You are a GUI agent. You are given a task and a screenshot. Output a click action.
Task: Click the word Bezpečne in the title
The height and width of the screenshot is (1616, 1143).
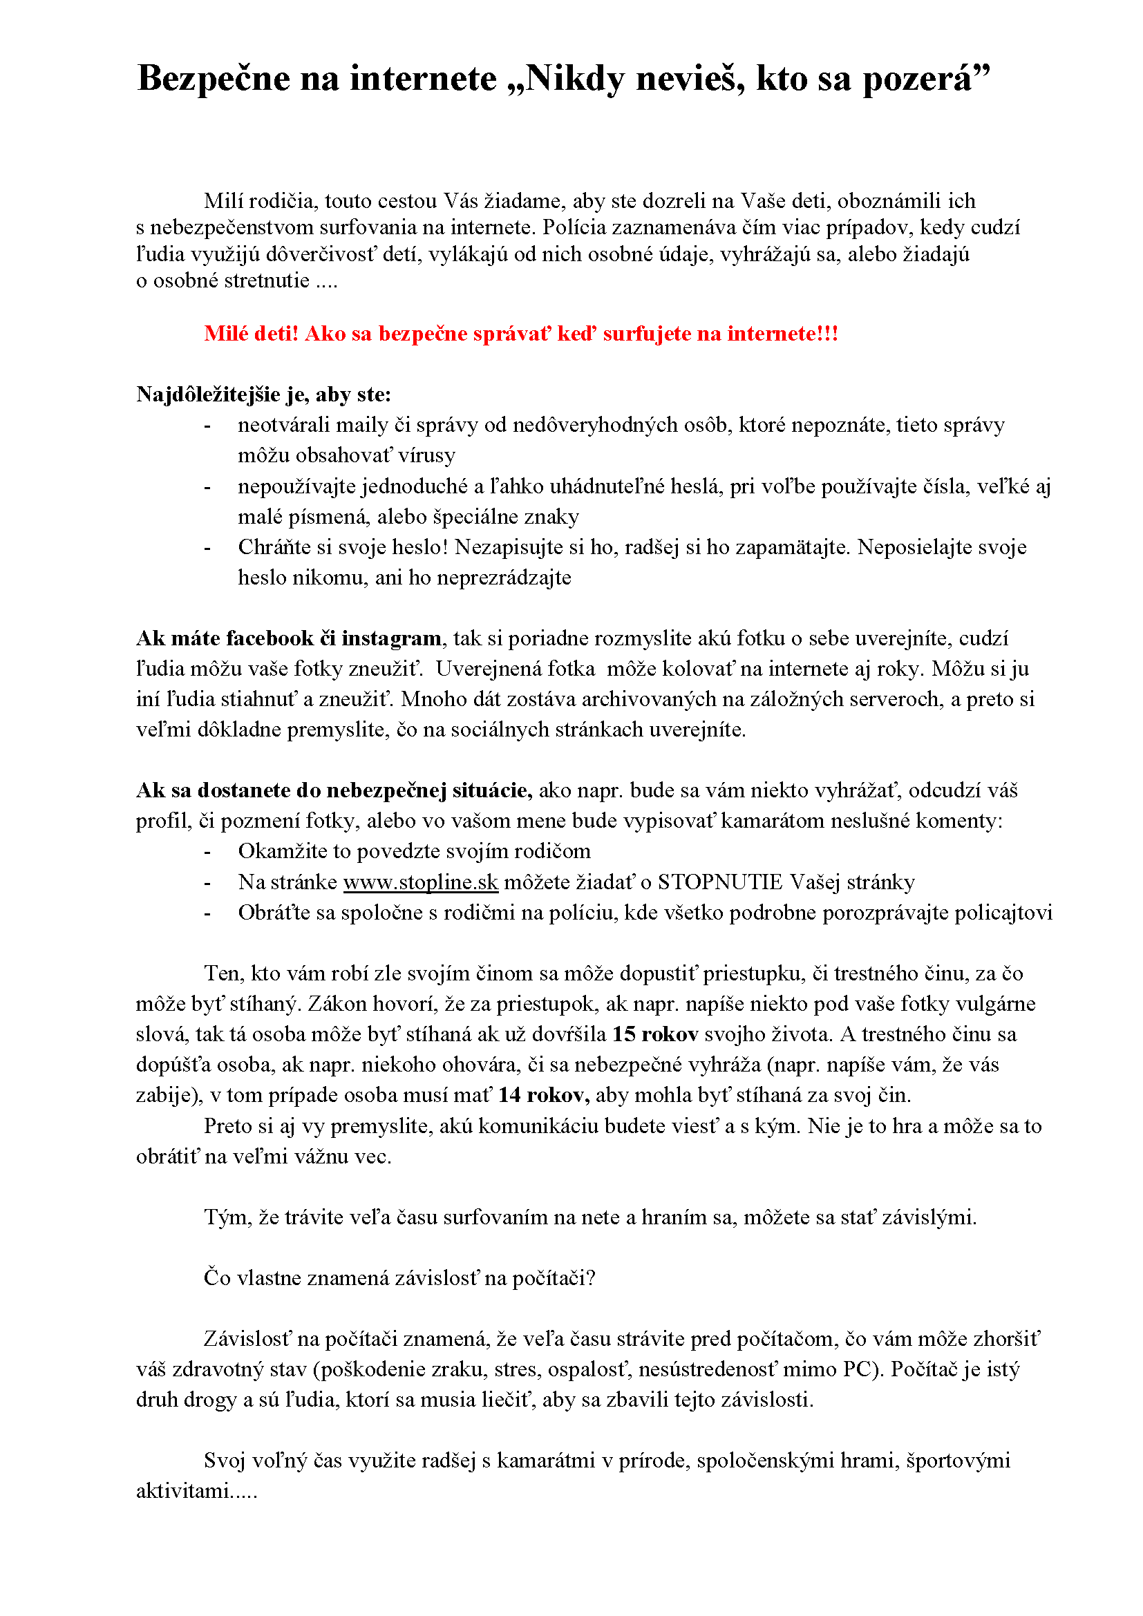214,79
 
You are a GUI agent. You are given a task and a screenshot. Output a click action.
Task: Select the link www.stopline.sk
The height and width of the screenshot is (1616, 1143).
420,882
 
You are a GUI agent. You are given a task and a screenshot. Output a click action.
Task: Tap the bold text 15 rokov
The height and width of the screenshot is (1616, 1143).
654,1034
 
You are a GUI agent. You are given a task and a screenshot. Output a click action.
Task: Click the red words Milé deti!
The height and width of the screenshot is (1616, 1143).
252,334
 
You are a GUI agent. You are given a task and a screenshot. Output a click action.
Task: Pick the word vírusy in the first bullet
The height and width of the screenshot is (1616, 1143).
426,455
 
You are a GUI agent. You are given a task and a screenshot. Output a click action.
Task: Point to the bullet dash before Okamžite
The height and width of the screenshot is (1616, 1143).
207,853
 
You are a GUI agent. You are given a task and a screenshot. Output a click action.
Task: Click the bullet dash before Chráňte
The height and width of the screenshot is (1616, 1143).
207,549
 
